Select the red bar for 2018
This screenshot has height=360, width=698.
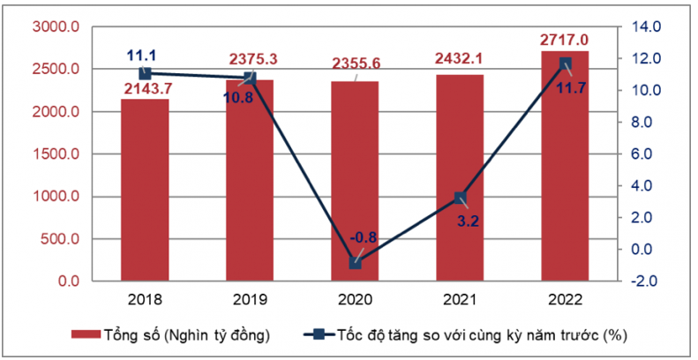[145, 190]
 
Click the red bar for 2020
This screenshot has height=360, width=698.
[355, 181]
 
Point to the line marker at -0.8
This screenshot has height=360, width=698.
[355, 263]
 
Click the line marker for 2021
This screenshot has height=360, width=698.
[460, 199]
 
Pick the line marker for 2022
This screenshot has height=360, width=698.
[565, 64]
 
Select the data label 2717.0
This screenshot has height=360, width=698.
[565, 39]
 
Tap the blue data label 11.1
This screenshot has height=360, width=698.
[143, 55]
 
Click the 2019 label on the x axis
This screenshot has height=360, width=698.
[250, 299]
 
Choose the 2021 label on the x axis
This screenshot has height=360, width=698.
[460, 299]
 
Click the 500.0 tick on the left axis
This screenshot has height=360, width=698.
[60, 239]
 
